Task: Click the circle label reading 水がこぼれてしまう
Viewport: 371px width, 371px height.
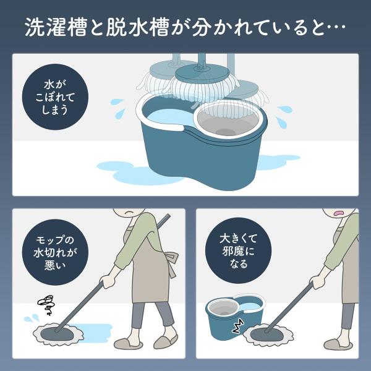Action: point(55,97)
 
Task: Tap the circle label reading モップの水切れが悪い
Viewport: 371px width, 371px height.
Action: point(55,252)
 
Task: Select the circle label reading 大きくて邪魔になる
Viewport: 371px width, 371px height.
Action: point(238,251)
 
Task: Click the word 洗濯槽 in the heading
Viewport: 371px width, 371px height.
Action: point(56,27)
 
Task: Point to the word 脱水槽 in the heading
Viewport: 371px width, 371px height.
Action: point(137,27)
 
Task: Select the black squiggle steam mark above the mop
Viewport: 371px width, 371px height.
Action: point(46,305)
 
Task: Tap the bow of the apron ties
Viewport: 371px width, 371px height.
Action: point(171,258)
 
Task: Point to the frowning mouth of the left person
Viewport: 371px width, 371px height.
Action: point(129,212)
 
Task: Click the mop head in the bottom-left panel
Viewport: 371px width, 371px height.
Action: point(58,335)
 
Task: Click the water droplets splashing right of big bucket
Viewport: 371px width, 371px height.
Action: point(284,117)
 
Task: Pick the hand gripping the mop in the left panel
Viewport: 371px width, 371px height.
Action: point(108,281)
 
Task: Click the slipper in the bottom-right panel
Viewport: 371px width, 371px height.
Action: point(338,344)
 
